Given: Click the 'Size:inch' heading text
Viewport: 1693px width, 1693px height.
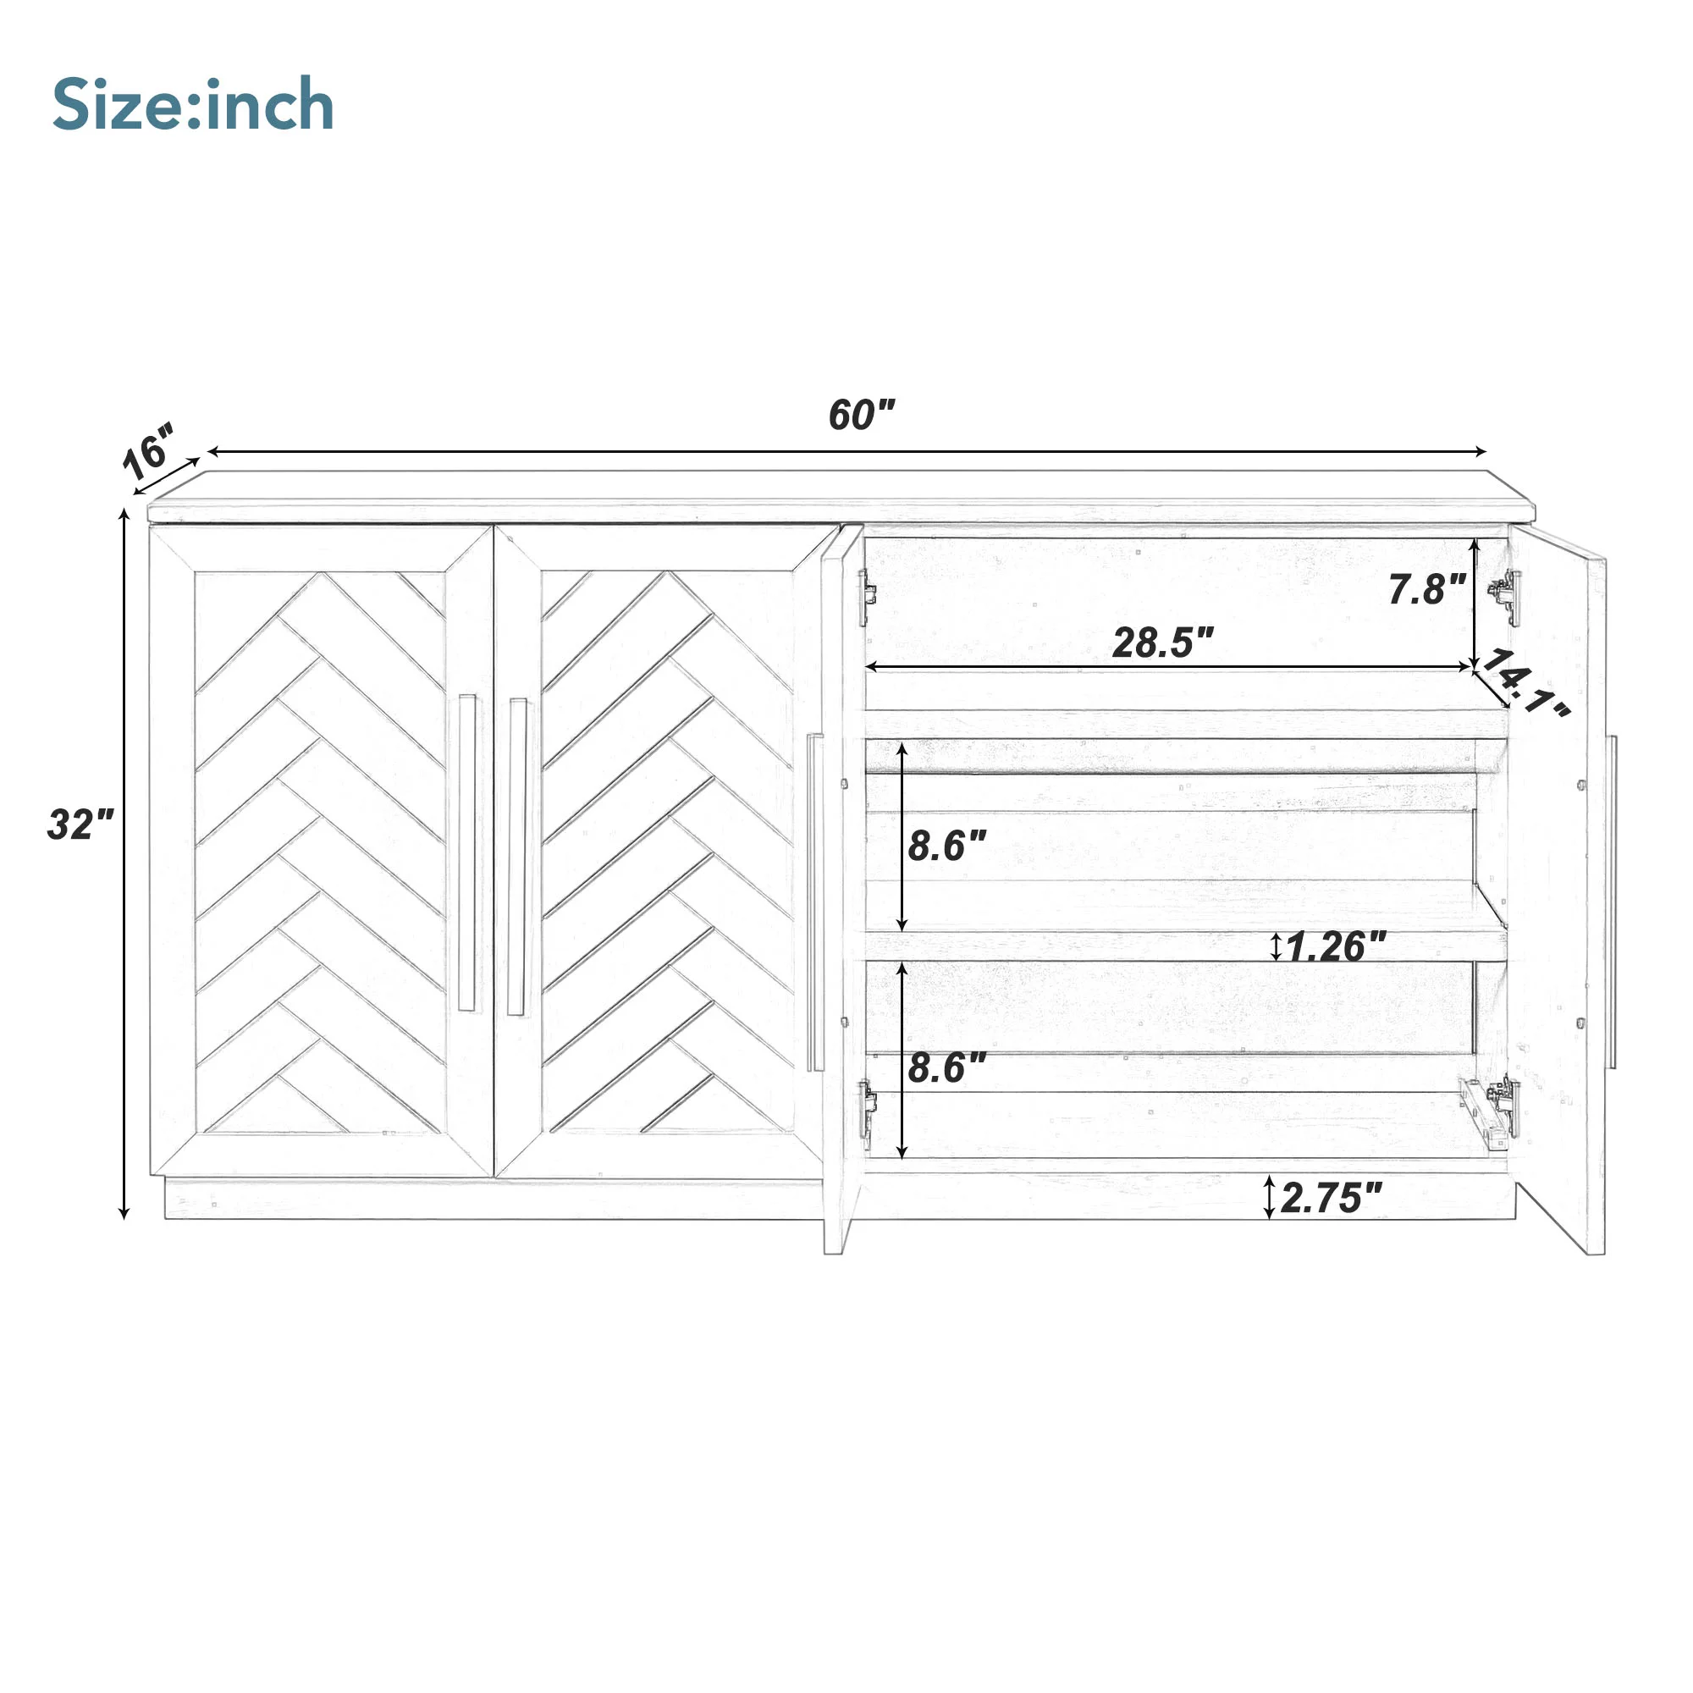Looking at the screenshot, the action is (193, 104).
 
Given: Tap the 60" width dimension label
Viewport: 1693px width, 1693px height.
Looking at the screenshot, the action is (863, 415).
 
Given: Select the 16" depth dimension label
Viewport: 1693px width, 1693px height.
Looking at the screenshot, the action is (149, 451).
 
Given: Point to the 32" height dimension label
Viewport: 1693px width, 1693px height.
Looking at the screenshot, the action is (80, 824).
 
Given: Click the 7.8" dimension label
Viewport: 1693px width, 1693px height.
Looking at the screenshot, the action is (1427, 589).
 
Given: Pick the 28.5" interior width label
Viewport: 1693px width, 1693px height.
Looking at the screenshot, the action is (1163, 642).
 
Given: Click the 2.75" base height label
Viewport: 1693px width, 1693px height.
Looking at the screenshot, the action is (1332, 1198).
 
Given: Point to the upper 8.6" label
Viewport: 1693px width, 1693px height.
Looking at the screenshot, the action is (947, 846).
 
